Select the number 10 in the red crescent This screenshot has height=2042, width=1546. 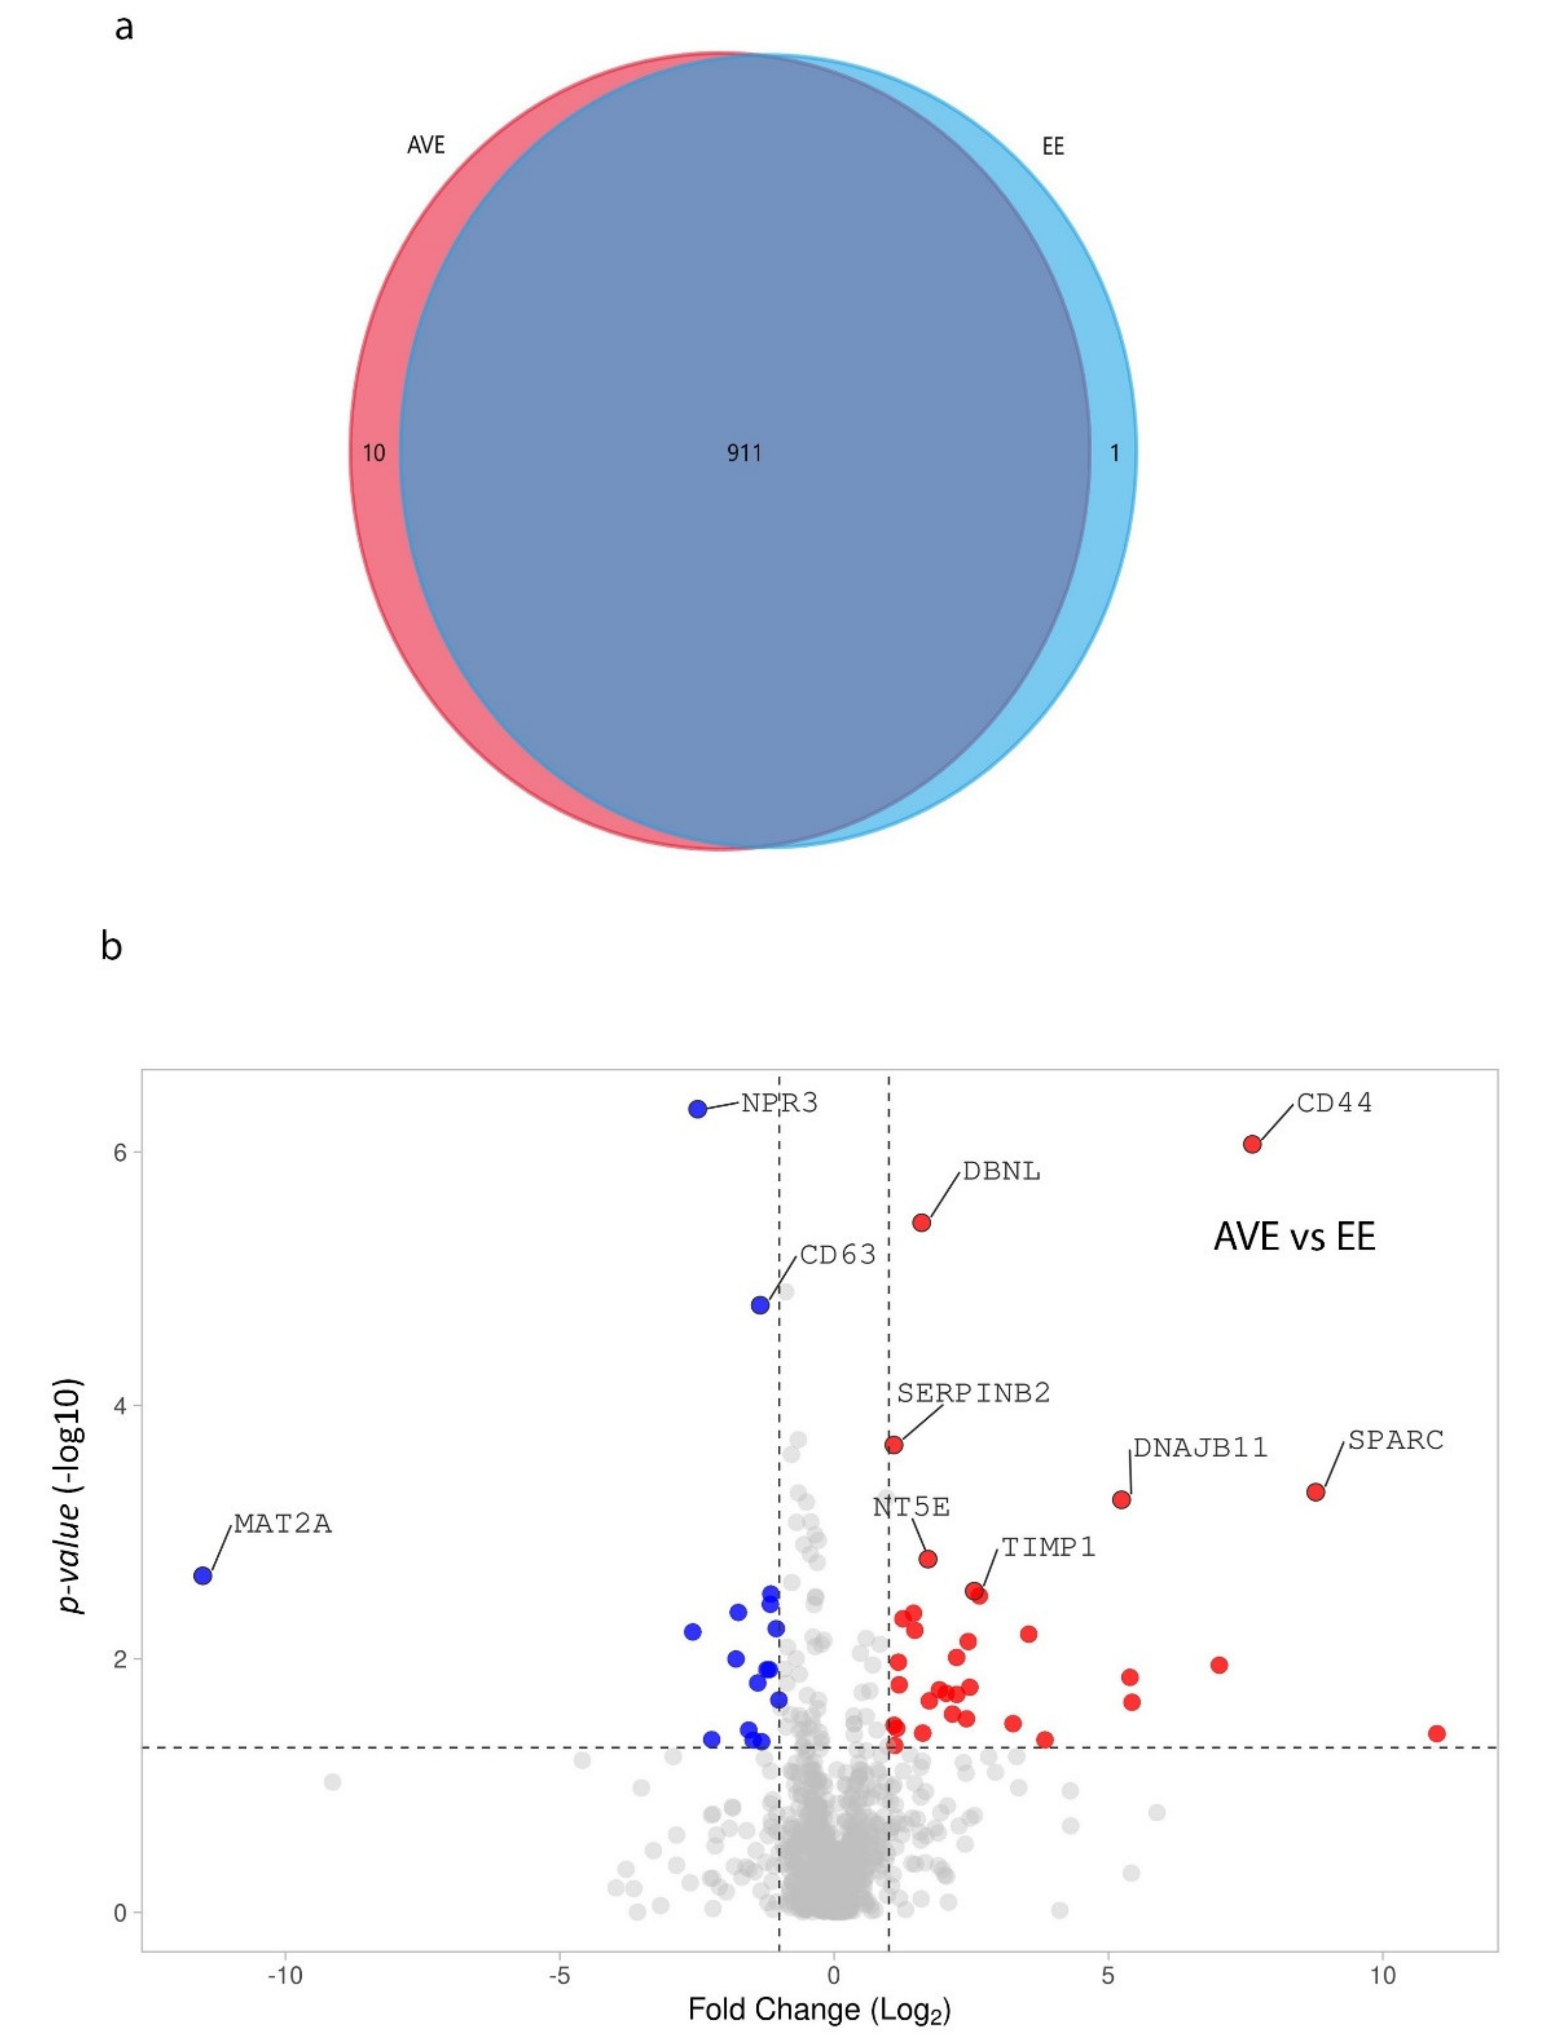click(374, 453)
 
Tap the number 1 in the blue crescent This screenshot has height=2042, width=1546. click(1115, 453)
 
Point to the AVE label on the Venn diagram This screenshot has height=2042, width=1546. click(426, 145)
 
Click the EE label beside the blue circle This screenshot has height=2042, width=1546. click(1053, 147)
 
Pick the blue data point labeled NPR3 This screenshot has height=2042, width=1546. click(698, 1109)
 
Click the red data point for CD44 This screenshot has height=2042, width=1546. click(1252, 1144)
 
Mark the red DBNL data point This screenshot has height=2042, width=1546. click(921, 1222)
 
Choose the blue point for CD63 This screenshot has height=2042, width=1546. click(760, 1305)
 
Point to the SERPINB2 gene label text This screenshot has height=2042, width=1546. click(973, 1392)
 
